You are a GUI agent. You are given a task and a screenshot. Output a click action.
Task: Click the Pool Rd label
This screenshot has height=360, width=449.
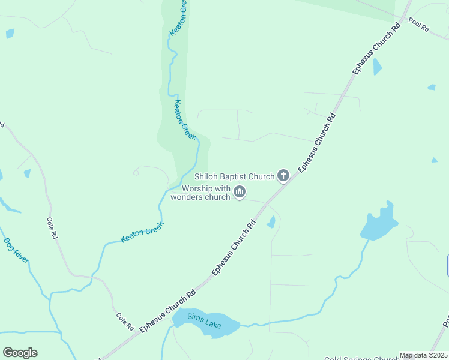coord(419,25)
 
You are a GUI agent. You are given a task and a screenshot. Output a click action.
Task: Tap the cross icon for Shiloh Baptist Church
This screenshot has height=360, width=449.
coord(284,176)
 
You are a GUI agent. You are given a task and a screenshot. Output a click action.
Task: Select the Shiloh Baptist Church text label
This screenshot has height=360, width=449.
coord(235,176)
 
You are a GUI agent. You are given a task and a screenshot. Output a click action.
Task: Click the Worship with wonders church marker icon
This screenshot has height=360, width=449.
coord(240,192)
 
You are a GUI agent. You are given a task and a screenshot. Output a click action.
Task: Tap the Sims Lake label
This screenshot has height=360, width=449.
coord(204,321)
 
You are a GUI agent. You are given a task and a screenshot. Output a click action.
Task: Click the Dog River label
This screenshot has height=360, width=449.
coord(16,251)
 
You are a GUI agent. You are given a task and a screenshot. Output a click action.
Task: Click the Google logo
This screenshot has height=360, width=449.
coord(20,353)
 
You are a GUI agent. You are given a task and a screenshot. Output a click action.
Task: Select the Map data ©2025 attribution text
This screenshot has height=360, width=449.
coord(423,355)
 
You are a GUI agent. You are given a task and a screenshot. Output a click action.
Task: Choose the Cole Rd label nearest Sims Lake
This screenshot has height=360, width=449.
coord(124,322)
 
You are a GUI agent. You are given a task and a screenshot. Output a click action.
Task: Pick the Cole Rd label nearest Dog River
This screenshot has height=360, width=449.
coord(52,228)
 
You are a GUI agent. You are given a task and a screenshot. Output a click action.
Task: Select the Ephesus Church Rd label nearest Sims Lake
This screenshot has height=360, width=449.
coord(168,311)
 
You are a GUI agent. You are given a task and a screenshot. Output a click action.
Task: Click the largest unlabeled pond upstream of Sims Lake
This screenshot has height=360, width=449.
coord(378,223)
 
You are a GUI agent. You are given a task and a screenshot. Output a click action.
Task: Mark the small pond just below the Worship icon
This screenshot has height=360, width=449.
coord(271,222)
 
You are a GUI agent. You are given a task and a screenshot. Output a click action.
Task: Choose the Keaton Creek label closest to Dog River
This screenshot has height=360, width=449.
coord(142,232)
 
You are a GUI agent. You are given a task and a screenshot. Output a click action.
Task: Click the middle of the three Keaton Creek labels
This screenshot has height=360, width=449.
coord(184,119)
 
